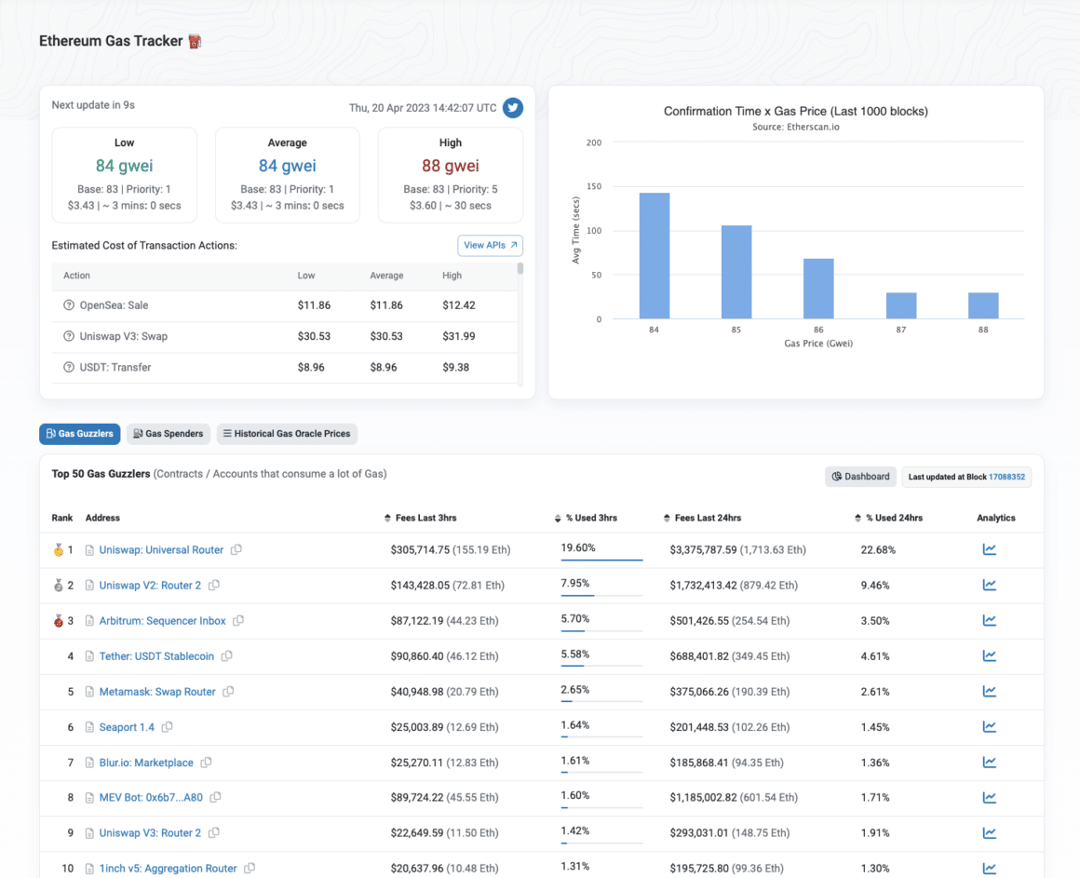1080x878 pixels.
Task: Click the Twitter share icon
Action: click(x=513, y=108)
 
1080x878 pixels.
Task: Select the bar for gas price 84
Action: click(x=654, y=256)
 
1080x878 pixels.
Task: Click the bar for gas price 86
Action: click(x=818, y=289)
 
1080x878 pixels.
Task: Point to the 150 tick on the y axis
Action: click(x=593, y=187)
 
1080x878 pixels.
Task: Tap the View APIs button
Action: click(x=490, y=245)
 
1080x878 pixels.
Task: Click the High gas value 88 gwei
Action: click(x=451, y=166)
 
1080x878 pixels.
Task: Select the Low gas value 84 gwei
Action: click(x=124, y=166)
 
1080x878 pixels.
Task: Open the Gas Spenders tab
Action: click(x=168, y=434)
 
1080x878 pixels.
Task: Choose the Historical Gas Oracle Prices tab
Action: click(x=287, y=434)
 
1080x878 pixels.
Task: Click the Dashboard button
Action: click(x=860, y=477)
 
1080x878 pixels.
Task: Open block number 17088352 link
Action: click(x=1006, y=477)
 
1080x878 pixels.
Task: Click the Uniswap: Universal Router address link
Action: click(x=161, y=550)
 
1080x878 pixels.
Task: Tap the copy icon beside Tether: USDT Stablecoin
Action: click(x=227, y=656)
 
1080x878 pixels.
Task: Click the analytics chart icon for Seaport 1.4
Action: click(x=989, y=727)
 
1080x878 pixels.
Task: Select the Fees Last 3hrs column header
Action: click(x=425, y=518)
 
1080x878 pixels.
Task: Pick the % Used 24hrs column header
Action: click(x=893, y=518)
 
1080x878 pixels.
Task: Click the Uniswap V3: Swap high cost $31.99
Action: click(x=458, y=336)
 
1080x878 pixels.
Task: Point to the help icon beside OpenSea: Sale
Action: click(x=69, y=305)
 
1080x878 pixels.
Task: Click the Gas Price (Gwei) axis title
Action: click(x=817, y=344)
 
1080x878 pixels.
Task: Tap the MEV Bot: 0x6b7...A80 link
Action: click(x=151, y=798)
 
